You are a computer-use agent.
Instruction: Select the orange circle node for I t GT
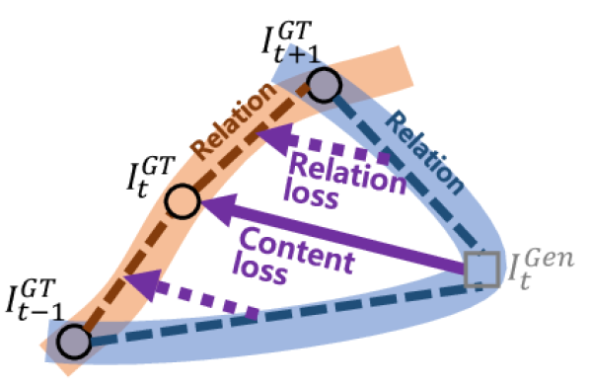[x=181, y=202]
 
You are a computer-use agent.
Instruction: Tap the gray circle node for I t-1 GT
[x=72, y=342]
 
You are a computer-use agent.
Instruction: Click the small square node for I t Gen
[x=481, y=268]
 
